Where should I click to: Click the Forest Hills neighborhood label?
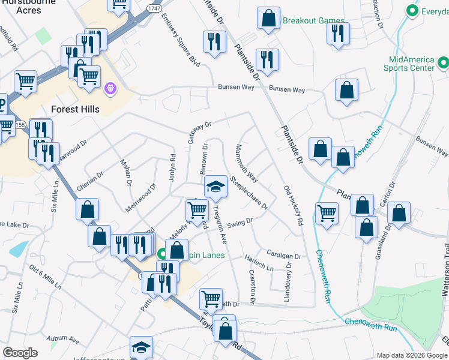coord(76,109)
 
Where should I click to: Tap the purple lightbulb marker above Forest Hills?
coord(110,89)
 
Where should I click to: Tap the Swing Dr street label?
coord(240,223)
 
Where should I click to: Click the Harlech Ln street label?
coord(259,262)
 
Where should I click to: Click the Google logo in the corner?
coord(20,353)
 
